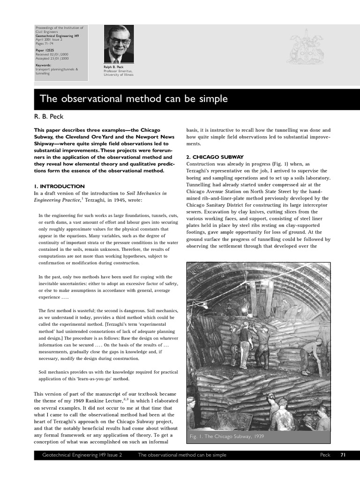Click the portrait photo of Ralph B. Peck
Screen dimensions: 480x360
click(x=118, y=44)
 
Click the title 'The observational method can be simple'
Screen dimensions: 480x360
click(x=134, y=99)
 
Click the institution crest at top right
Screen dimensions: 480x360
click(x=305, y=47)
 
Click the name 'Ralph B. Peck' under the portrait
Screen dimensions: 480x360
click(x=112, y=67)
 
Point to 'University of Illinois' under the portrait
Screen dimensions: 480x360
click(x=119, y=75)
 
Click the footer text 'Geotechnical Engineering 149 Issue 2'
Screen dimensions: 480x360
click(x=82, y=455)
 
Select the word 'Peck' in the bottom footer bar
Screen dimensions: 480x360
click(x=325, y=455)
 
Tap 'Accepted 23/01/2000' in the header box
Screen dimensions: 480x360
click(x=52, y=58)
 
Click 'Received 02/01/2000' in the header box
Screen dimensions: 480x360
click(x=52, y=54)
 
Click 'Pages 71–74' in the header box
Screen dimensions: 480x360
click(x=45, y=43)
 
